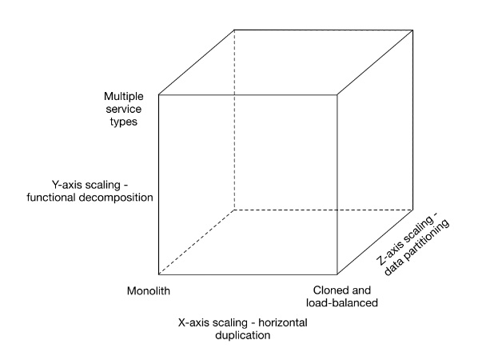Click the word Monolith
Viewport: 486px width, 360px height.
(x=149, y=291)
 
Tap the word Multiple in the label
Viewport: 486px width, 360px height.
(x=124, y=97)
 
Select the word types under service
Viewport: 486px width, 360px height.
(x=124, y=122)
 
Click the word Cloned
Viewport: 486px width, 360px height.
(x=329, y=290)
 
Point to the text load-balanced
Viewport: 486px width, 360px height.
(x=342, y=302)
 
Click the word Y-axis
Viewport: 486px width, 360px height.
(x=67, y=185)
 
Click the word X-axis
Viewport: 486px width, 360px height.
(x=193, y=322)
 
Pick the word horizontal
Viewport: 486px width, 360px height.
(x=283, y=322)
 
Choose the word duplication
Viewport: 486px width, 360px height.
(x=243, y=335)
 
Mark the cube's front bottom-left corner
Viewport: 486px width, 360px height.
(x=159, y=274)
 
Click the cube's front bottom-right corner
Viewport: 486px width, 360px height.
(x=337, y=274)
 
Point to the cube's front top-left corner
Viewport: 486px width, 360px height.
(x=159, y=94)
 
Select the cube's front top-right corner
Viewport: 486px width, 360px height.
(x=337, y=94)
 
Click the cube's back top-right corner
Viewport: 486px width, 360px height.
(x=412, y=30)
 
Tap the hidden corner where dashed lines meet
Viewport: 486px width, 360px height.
(x=234, y=210)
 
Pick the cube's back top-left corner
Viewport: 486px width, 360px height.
(x=234, y=30)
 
